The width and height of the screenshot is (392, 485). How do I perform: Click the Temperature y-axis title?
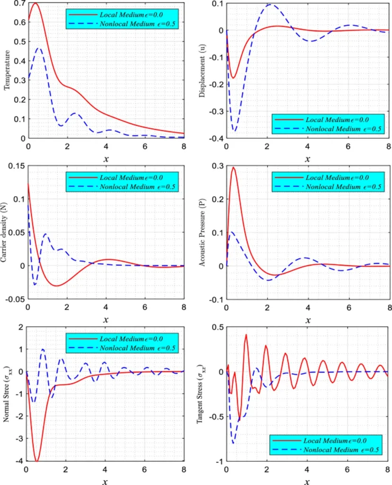point(8,72)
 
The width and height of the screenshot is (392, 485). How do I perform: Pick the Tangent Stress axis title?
point(203,395)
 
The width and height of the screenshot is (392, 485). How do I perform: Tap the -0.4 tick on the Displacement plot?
point(216,138)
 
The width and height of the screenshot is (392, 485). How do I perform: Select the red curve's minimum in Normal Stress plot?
point(36,461)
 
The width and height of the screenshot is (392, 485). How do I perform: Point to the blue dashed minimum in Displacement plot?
point(234,131)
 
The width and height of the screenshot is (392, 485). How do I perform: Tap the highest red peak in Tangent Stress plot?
point(246,335)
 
